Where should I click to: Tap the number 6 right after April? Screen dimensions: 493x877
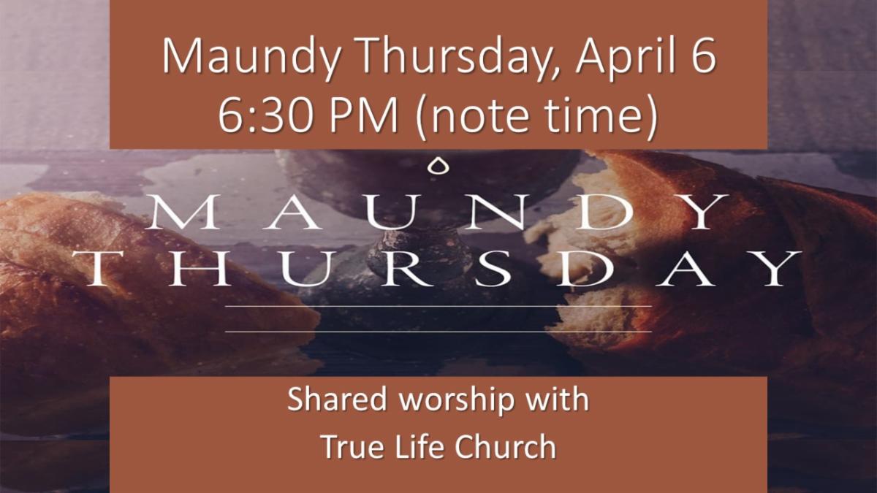pos(704,57)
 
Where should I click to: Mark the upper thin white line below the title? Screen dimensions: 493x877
pos(438,307)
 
